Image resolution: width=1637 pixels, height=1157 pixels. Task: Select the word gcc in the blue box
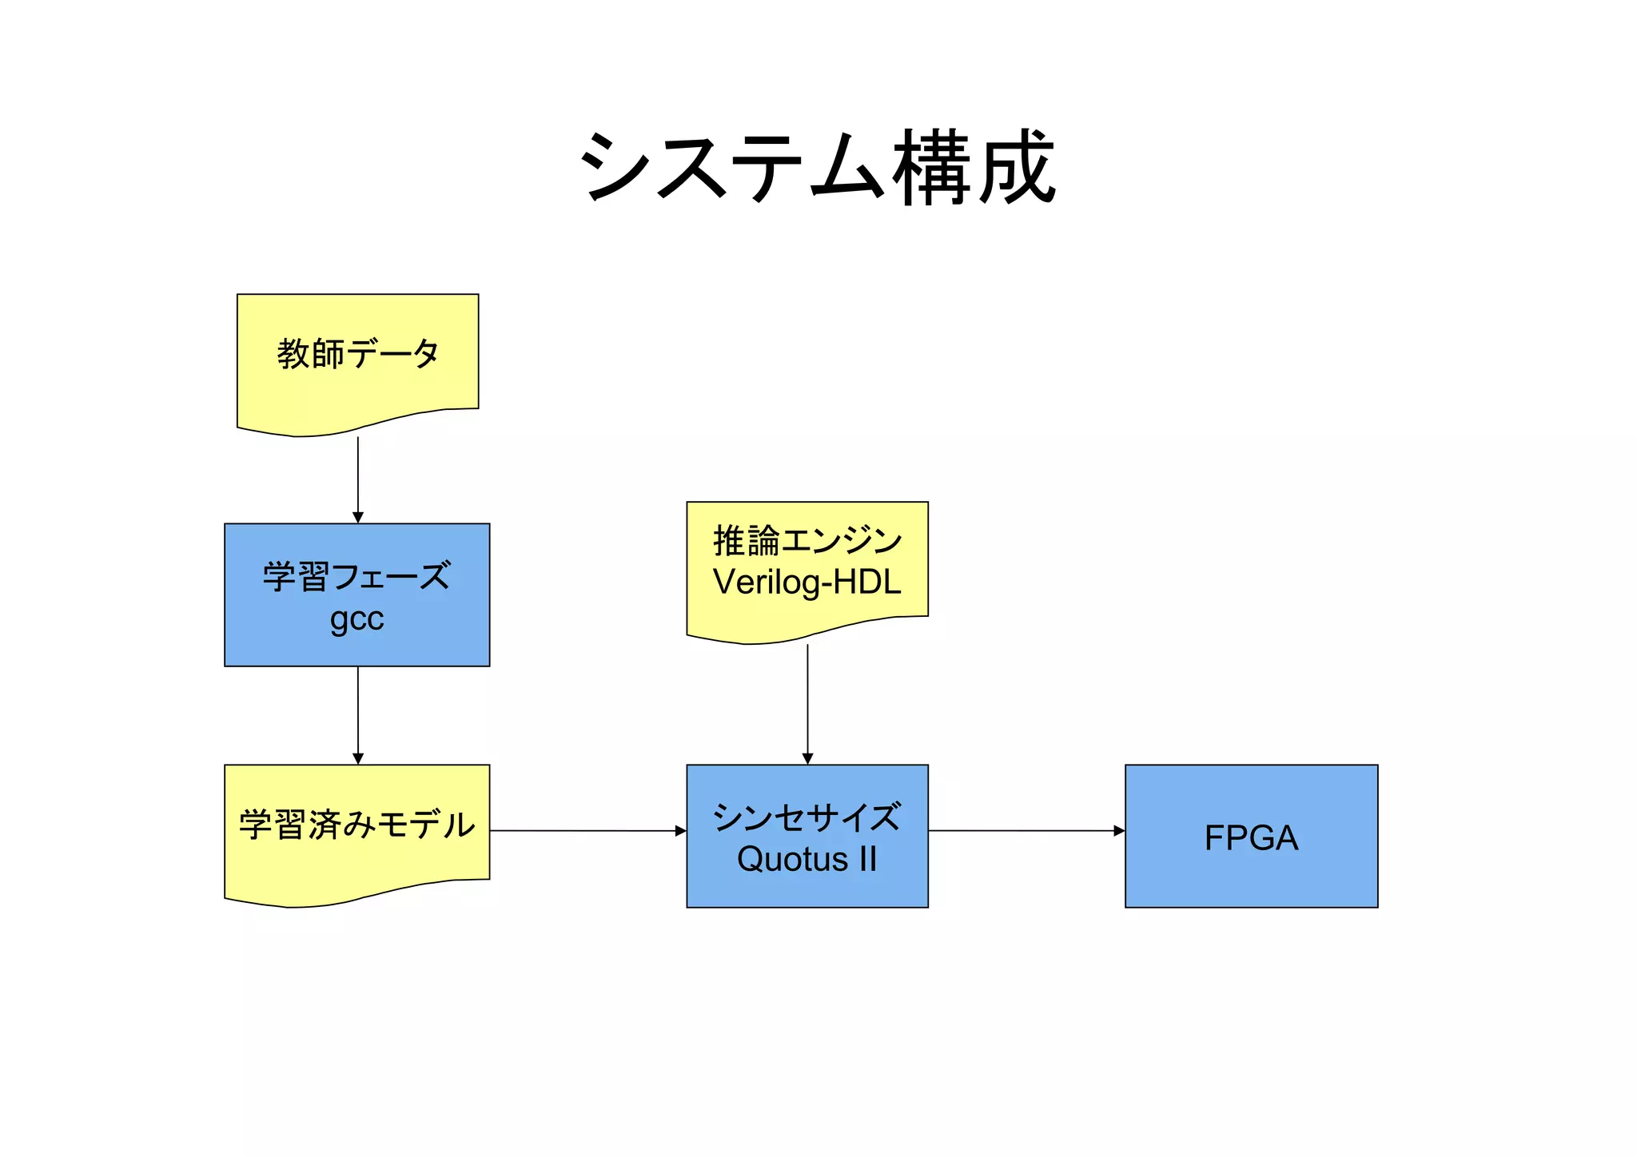[x=356, y=618]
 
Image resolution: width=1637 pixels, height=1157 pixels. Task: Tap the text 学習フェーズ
[x=356, y=576]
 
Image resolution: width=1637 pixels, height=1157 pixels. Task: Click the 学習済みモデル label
[x=356, y=825]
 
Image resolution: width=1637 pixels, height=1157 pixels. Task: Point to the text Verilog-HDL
[x=807, y=582]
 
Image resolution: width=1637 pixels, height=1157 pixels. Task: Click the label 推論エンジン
[x=807, y=541]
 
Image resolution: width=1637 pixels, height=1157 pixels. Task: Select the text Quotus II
[x=807, y=860]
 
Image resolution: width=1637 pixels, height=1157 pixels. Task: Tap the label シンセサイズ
[x=807, y=817]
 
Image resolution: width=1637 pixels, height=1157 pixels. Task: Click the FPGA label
[x=1251, y=837]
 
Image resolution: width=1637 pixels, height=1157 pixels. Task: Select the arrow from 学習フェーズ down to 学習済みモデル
[x=358, y=711]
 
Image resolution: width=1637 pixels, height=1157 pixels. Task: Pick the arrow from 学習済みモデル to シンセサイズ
[x=587, y=831]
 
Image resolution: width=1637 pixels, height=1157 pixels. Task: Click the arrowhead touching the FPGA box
[x=1119, y=831]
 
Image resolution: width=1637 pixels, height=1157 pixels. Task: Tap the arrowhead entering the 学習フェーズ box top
[x=358, y=518]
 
